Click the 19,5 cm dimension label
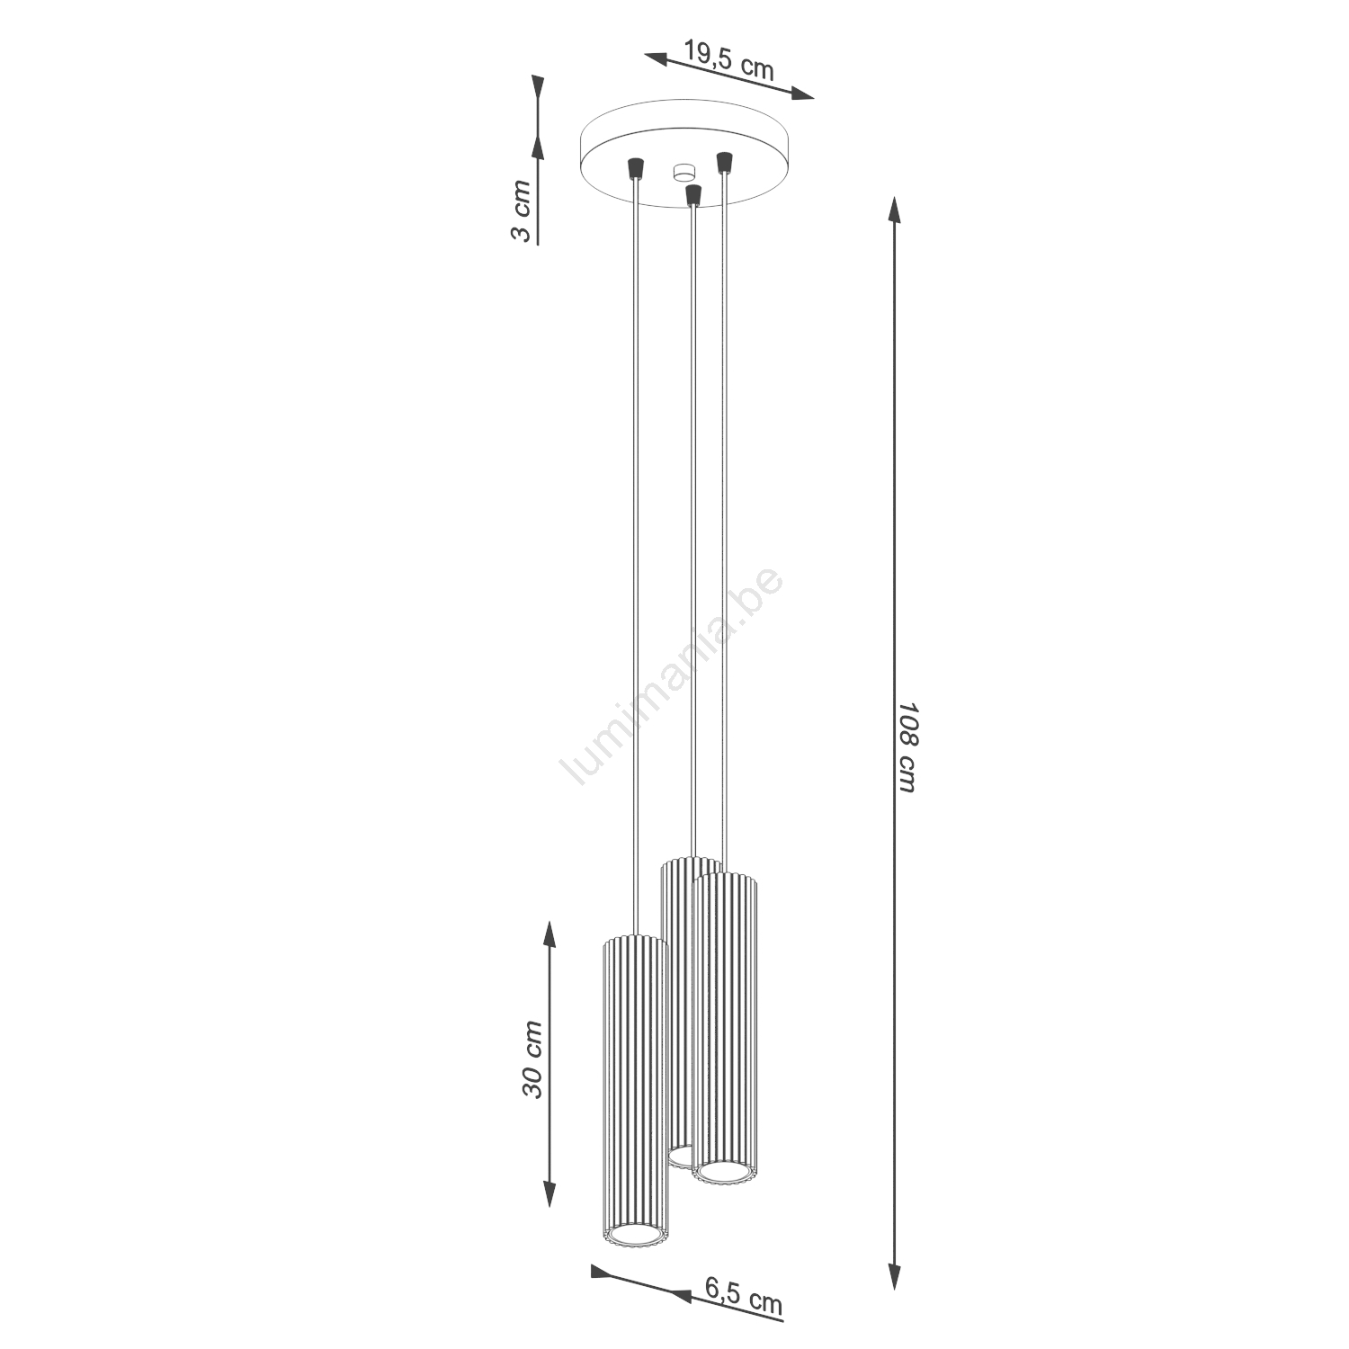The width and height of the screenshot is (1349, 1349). (x=728, y=61)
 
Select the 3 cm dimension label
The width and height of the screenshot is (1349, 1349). (x=521, y=210)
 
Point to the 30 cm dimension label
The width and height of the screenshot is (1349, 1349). (x=533, y=1059)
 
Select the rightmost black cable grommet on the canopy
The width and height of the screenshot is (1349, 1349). (x=722, y=163)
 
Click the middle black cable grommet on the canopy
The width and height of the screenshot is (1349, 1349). (x=692, y=194)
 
